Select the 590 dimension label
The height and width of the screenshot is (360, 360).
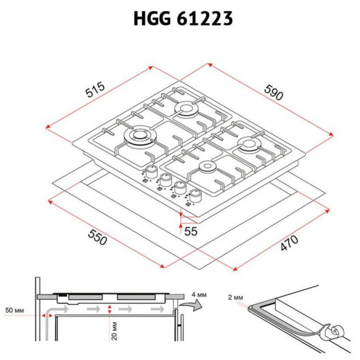274,93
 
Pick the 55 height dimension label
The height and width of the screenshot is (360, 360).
191,232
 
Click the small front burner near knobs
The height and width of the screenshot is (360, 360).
207,167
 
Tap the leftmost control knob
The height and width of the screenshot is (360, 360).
152,172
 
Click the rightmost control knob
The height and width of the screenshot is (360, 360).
195,195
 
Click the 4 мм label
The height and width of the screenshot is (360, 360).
199,295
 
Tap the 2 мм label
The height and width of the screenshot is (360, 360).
235,298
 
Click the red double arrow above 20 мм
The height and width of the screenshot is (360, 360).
110,309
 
